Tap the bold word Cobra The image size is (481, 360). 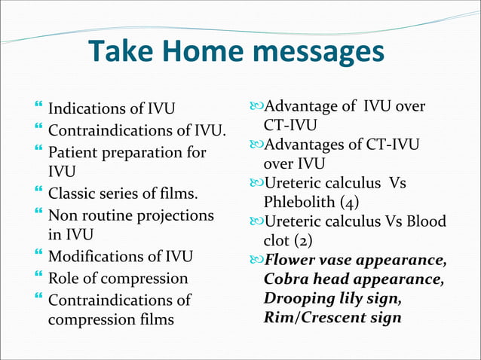[284, 280]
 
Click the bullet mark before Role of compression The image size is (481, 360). [38, 276]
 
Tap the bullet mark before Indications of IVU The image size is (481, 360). [38, 109]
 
